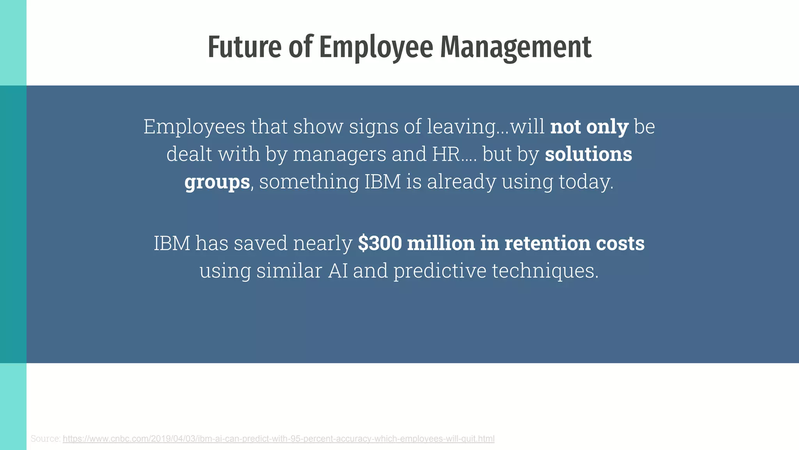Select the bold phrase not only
click(589, 127)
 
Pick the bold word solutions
click(588, 154)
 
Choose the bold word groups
click(217, 182)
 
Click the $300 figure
click(380, 243)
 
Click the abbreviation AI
click(338, 270)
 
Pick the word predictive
click(440, 270)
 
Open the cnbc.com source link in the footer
click(279, 439)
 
